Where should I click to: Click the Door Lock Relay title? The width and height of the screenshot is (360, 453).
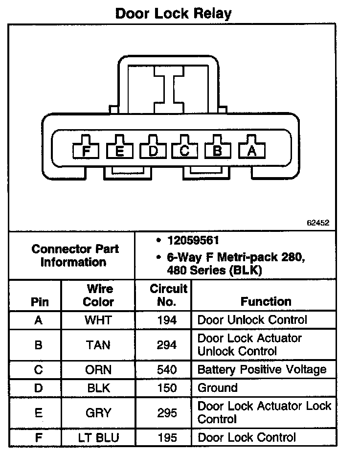point(173,13)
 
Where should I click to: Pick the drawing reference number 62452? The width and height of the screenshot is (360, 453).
point(318,223)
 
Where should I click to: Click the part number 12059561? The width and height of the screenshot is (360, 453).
point(193,241)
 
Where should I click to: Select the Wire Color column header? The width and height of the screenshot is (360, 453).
point(98,295)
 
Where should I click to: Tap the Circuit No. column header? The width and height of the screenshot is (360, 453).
point(168,295)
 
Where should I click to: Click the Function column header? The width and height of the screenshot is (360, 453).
point(266,301)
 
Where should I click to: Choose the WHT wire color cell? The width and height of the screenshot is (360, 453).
point(98,320)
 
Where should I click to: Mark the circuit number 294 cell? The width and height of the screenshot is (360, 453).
point(167,345)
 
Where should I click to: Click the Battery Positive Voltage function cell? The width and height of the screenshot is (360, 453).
point(261,369)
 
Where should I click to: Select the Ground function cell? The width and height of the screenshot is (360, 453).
point(217,388)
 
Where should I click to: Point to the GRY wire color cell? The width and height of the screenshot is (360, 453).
point(98,412)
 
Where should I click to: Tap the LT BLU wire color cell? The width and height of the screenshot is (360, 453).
point(98,437)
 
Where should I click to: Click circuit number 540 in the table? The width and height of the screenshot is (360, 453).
point(167,369)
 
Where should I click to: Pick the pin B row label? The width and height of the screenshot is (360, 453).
point(39,345)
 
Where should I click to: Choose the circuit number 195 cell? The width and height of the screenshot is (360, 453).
point(167,437)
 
